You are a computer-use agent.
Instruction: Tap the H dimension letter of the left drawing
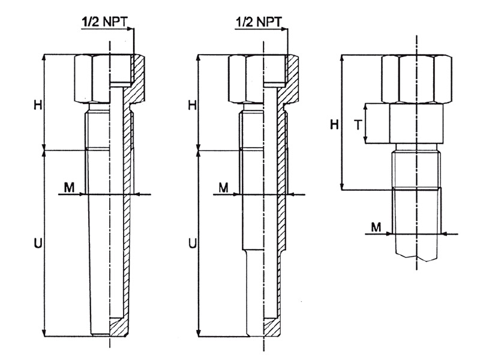(38, 104)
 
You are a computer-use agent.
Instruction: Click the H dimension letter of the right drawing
(334, 124)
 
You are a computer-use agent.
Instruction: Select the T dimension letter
(357, 124)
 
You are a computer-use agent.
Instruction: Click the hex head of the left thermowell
(93, 78)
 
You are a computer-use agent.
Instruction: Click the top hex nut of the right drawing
(416, 78)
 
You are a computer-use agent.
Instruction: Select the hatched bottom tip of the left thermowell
(120, 327)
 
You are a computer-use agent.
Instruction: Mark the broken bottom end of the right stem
(418, 256)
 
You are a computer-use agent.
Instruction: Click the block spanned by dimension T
(416, 124)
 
